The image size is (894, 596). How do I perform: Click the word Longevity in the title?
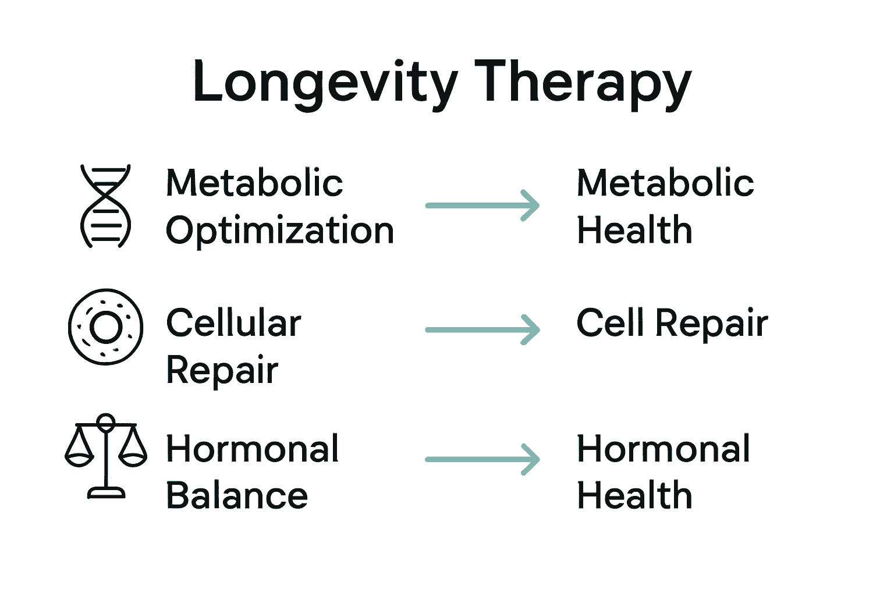pyautogui.click(x=325, y=83)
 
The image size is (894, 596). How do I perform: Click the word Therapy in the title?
pyautogui.click(x=583, y=83)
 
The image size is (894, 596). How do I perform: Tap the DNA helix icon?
pyautogui.click(x=105, y=205)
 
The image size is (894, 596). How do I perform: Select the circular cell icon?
pyautogui.click(x=105, y=327)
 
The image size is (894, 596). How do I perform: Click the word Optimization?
pyautogui.click(x=280, y=231)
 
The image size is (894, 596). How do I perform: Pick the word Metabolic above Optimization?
pyautogui.click(x=254, y=183)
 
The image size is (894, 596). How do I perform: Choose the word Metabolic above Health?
pyautogui.click(x=665, y=183)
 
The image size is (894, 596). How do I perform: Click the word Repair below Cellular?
pyautogui.click(x=222, y=370)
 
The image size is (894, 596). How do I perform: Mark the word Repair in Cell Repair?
pyautogui.click(x=712, y=324)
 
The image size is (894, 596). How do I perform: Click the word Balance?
pyautogui.click(x=237, y=496)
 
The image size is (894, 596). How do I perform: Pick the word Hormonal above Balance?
pyautogui.click(x=253, y=449)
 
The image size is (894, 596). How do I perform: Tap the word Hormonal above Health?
pyautogui.click(x=664, y=449)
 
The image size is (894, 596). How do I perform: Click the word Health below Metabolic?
pyautogui.click(x=634, y=230)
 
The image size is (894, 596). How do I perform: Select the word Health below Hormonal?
pyautogui.click(x=634, y=496)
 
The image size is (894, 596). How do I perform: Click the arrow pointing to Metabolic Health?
pyautogui.click(x=483, y=205)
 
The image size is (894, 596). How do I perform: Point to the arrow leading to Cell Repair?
pyautogui.click(x=483, y=330)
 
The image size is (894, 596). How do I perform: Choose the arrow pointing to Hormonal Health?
pyautogui.click(x=483, y=459)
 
